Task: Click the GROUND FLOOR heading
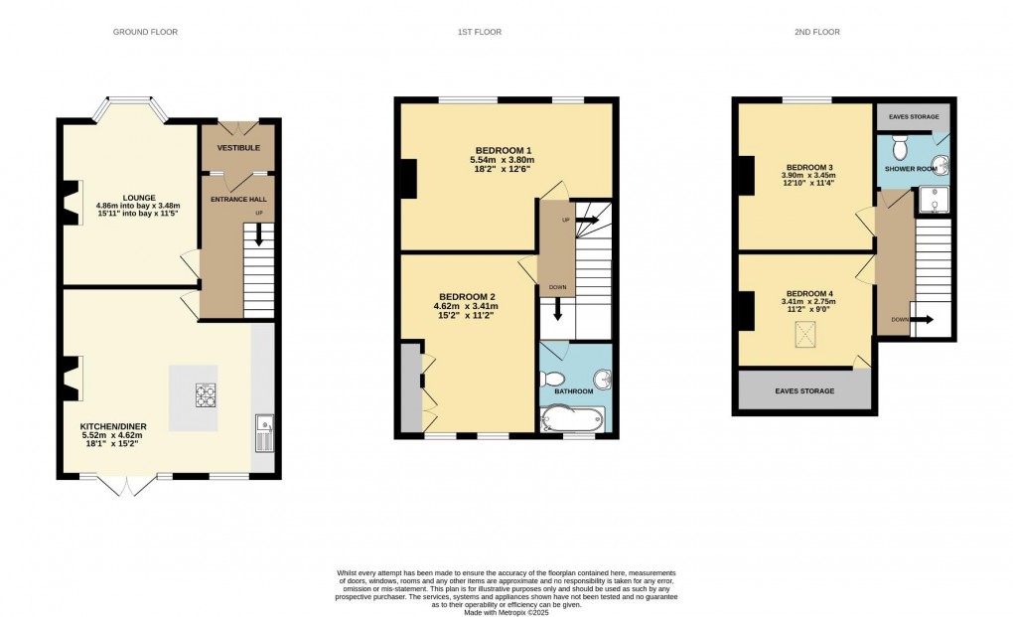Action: (145, 33)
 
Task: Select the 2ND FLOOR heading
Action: (817, 33)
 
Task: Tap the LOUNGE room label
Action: (139, 197)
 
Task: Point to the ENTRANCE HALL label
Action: (237, 199)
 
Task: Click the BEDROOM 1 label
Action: (502, 150)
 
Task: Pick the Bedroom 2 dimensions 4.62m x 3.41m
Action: (465, 306)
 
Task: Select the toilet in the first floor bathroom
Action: (553, 380)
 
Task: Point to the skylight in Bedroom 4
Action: (802, 336)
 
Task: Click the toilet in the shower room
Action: (901, 149)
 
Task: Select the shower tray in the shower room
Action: (933, 202)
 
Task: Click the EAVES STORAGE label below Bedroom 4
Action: (804, 390)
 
